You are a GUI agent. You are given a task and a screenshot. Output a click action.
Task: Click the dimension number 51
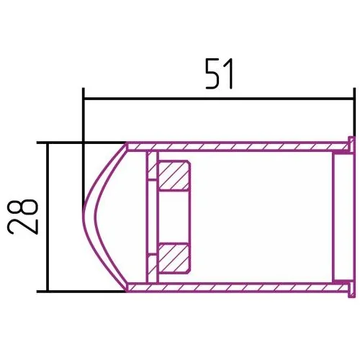click(x=219, y=73)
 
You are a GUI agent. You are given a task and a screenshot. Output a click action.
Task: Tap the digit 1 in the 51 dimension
click(x=228, y=73)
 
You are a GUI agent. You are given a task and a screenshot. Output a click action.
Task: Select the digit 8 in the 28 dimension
click(x=23, y=207)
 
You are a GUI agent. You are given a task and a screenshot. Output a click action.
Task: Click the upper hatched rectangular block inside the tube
click(x=174, y=176)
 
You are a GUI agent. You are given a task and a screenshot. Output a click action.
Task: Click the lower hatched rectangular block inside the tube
click(x=174, y=258)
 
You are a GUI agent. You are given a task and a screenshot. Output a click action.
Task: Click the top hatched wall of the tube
click(x=238, y=147)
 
